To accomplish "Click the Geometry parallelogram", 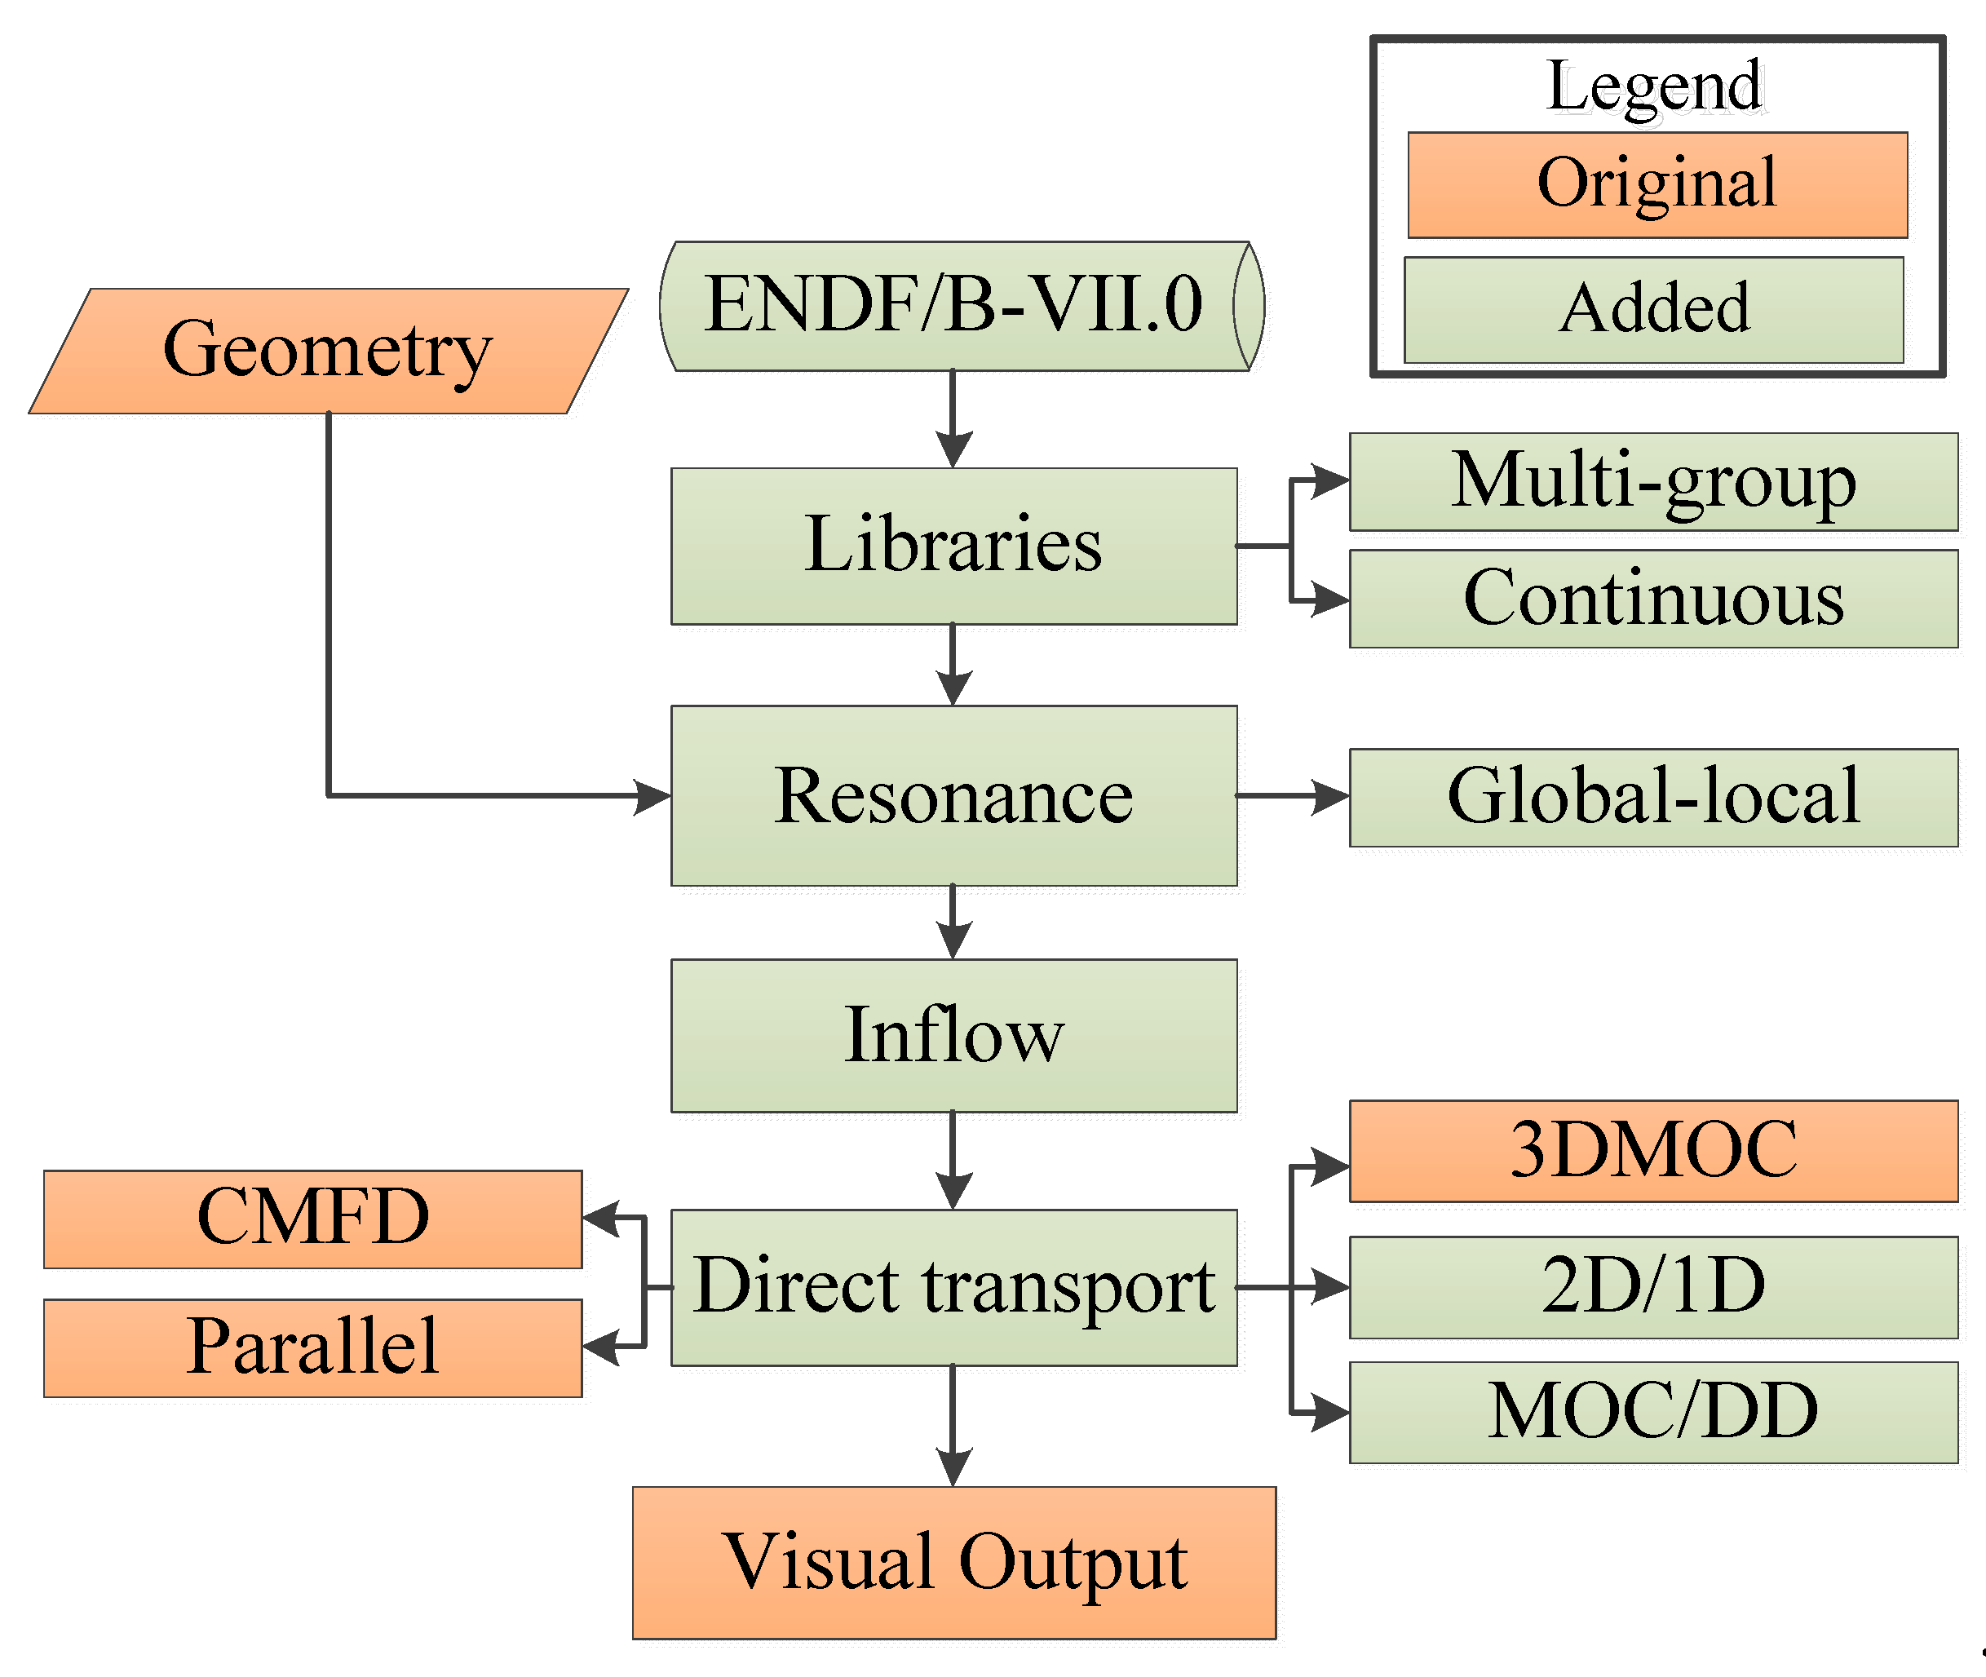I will [328, 351].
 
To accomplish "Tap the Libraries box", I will [953, 546].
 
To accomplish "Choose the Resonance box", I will [953, 796].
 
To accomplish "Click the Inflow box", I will [953, 1035].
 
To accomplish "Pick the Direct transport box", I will [953, 1287].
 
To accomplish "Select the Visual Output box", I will [953, 1562].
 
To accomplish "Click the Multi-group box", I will [1652, 482].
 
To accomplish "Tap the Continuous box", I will [1652, 599].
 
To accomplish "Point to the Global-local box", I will [1652, 797].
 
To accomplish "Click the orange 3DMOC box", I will [1652, 1150].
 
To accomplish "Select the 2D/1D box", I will [1652, 1286].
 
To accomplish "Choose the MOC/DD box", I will [1652, 1412].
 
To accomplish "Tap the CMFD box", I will [312, 1219].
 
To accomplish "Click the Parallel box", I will [312, 1347].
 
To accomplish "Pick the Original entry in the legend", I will [1656, 184].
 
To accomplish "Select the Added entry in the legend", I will [1653, 309].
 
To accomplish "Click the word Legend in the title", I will [1654, 86].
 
